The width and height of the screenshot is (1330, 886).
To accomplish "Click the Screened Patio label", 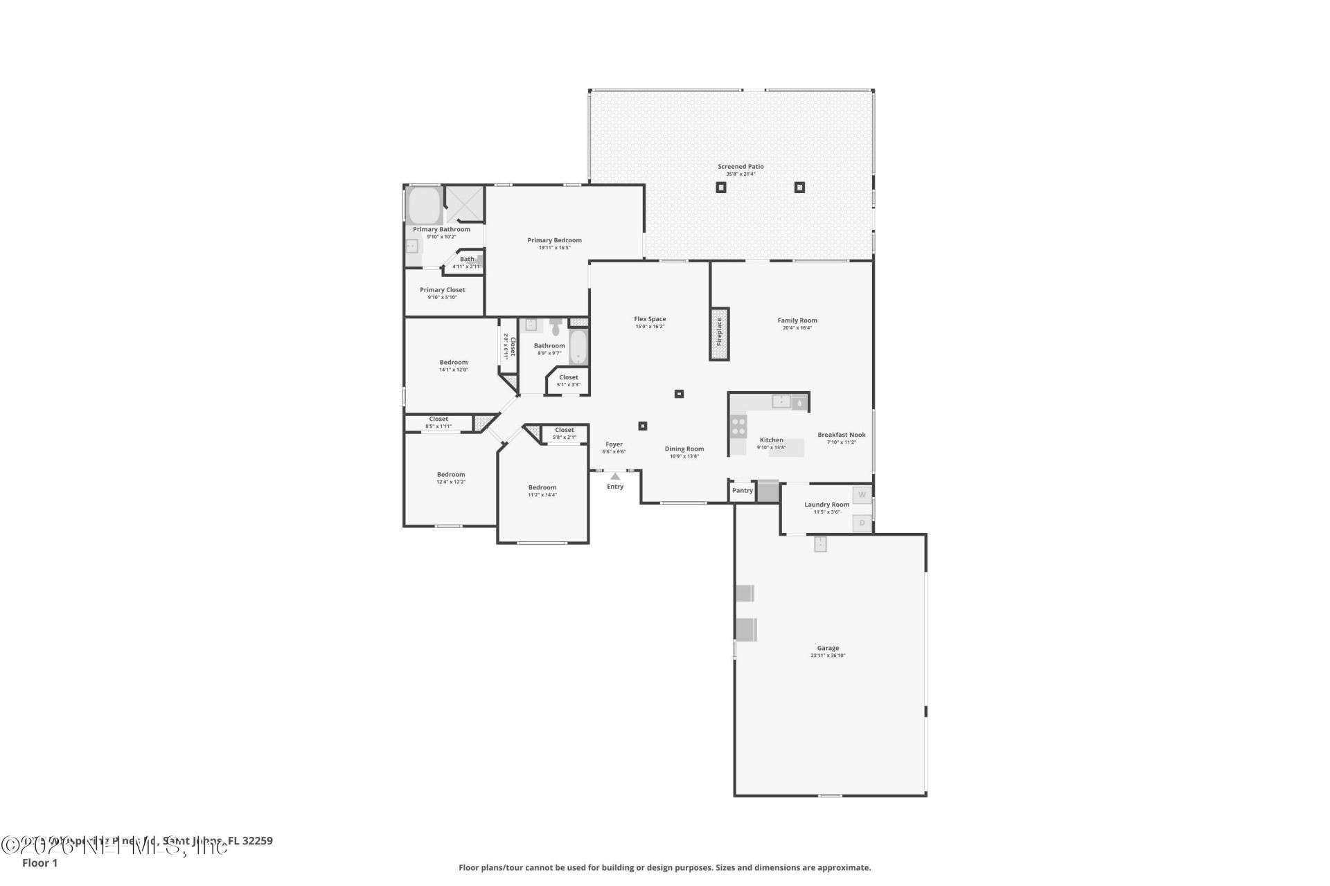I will (x=741, y=166).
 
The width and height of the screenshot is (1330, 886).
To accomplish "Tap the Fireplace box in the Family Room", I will (x=719, y=334).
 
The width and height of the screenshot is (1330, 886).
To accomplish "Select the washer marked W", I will (x=862, y=495).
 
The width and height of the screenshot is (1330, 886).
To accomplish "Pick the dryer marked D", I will (x=862, y=523).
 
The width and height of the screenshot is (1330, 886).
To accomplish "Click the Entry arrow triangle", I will (x=615, y=476).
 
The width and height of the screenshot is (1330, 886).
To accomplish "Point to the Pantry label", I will (x=742, y=491).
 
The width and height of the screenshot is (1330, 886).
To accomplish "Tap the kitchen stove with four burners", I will (x=738, y=426).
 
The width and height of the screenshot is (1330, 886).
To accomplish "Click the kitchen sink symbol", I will (x=781, y=401).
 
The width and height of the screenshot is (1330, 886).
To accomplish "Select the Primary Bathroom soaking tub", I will (x=424, y=206).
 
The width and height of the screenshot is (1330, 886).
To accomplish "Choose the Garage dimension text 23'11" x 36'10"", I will (x=828, y=656).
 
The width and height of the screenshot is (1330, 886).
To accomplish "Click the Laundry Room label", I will (x=826, y=505).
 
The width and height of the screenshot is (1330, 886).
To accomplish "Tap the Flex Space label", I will (x=650, y=319).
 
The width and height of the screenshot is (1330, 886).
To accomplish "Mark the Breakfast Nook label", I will (x=841, y=435).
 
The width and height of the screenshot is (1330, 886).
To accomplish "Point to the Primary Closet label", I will (x=442, y=290).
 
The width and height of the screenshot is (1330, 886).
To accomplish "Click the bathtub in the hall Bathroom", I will (x=578, y=347).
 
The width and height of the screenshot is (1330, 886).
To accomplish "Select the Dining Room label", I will (x=684, y=449).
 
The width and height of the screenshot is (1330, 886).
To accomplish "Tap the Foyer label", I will (x=614, y=444).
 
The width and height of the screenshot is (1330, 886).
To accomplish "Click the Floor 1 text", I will (x=39, y=863).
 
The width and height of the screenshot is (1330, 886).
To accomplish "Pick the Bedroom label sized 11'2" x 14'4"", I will (x=542, y=487).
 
